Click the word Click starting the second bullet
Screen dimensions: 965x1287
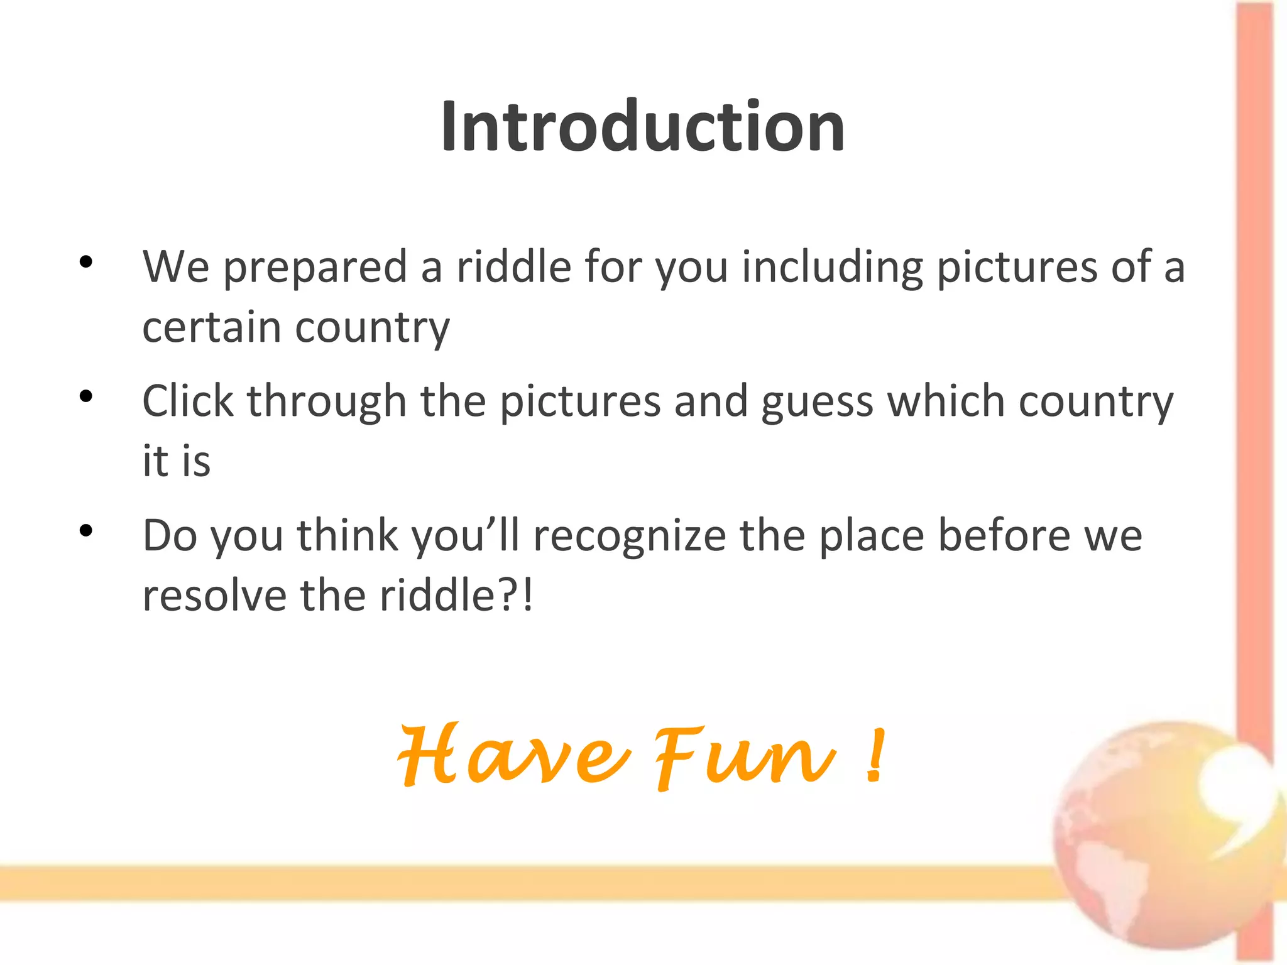(x=188, y=401)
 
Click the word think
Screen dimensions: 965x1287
(x=348, y=536)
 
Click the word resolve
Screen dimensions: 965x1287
(x=214, y=596)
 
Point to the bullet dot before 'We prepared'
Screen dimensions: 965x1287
(x=86, y=262)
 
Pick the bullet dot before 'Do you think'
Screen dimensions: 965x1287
(x=86, y=532)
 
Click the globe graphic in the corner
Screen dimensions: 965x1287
(x=1163, y=836)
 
